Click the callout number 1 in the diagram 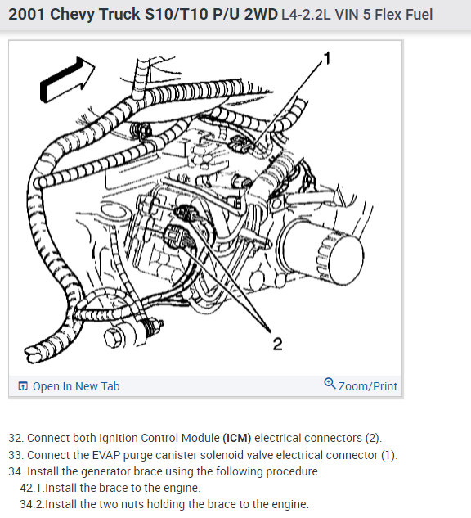[327, 58]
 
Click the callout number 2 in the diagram [277, 344]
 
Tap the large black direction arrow [66, 79]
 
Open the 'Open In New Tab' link [76, 386]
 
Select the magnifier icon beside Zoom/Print [330, 384]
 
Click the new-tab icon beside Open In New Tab [23, 386]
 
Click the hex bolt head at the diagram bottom [114, 338]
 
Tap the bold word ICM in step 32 [237, 438]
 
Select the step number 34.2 [32, 504]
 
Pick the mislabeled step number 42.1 [32, 488]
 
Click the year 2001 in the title [27, 15]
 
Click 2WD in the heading [261, 15]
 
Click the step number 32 [16, 438]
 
